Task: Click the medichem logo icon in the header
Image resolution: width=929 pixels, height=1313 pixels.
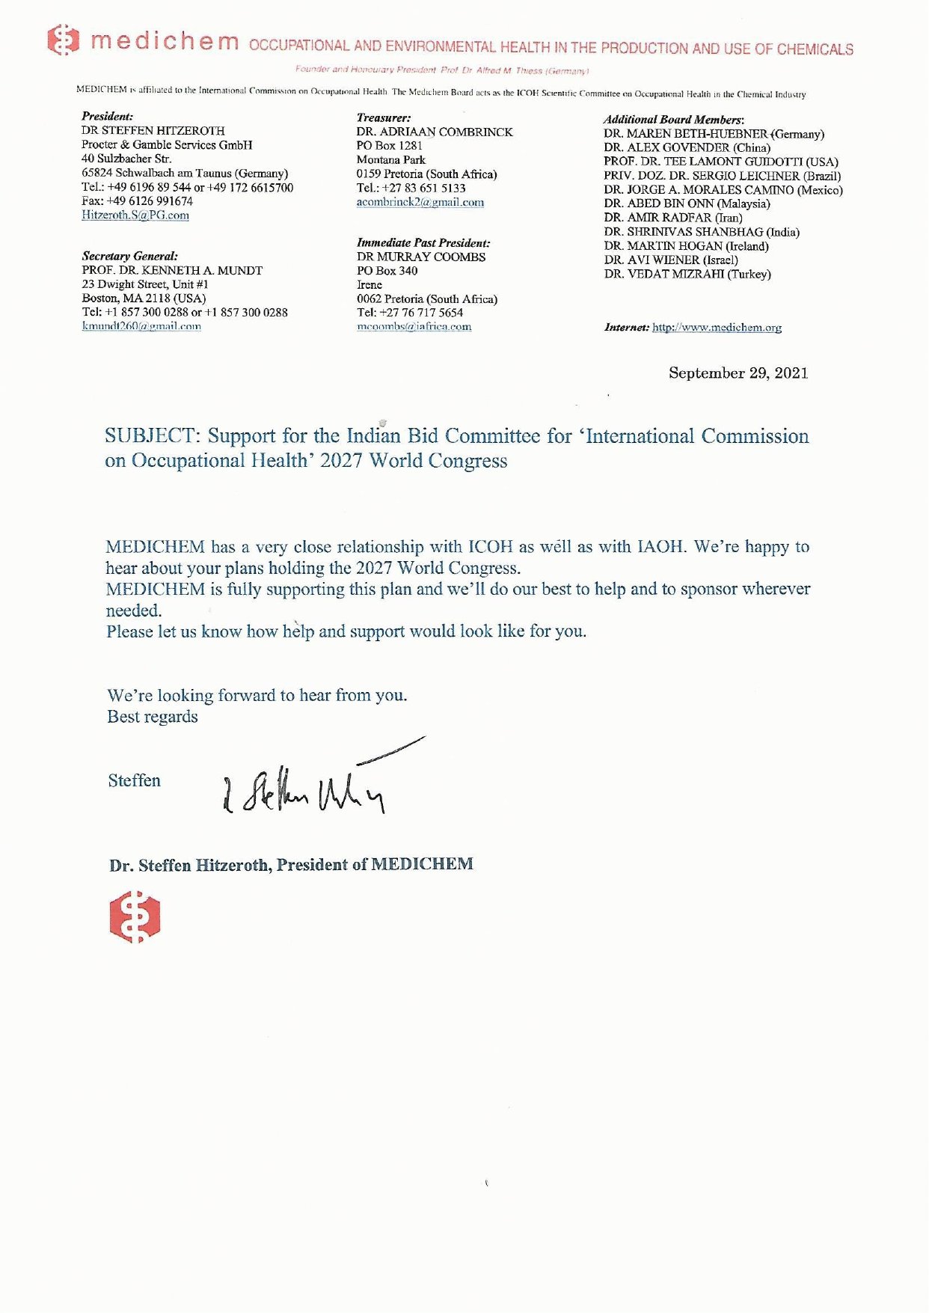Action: [x=64, y=40]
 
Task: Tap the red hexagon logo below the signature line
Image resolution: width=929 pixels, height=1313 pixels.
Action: [x=135, y=916]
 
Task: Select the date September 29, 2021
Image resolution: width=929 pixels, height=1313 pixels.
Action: [x=738, y=373]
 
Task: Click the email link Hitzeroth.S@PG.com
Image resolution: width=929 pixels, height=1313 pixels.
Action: [x=135, y=215]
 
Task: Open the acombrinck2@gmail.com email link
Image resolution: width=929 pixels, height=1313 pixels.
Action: [x=420, y=202]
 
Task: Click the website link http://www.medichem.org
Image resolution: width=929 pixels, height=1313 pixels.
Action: [x=717, y=327]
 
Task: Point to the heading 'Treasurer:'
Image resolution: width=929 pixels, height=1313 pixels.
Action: [x=384, y=117]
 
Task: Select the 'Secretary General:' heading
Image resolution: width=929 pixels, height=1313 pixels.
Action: [x=129, y=256]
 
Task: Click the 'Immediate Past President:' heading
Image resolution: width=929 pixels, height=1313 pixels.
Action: [x=423, y=242]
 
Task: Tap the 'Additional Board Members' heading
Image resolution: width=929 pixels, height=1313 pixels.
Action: [x=673, y=119]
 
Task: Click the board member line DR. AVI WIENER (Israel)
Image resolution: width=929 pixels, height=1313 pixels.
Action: [x=671, y=260]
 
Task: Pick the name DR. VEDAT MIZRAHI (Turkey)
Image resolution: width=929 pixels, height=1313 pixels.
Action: [x=687, y=274]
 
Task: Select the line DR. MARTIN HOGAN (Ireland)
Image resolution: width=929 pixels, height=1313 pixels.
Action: [x=686, y=245]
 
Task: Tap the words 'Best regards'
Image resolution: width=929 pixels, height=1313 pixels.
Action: [x=153, y=716]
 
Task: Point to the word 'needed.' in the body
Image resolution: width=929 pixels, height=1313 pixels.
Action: [x=134, y=610]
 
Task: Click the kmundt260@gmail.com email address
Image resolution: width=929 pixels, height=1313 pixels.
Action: [x=141, y=326]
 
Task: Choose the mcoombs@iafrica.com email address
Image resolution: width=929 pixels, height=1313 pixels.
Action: [x=414, y=326]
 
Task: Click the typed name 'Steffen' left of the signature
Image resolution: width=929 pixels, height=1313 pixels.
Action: [x=135, y=780]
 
